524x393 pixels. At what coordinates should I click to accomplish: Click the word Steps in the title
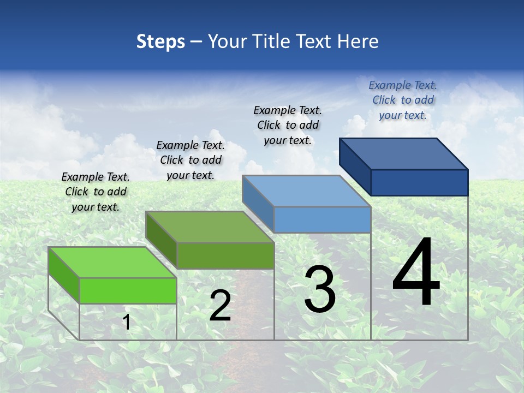tap(160, 41)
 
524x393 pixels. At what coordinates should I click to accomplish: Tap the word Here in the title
tap(358, 41)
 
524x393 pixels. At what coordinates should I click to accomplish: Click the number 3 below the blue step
tap(320, 289)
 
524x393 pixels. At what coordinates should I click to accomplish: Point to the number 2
tap(220, 306)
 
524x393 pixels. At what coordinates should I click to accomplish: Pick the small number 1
tap(127, 322)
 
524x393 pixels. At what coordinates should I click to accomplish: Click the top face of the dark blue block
tap(404, 153)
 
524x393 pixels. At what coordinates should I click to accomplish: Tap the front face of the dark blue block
tap(419, 182)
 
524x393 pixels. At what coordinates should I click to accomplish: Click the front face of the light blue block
tap(322, 219)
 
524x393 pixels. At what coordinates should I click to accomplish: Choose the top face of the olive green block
tap(210, 227)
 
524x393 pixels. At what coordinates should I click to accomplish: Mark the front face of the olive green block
tap(225, 255)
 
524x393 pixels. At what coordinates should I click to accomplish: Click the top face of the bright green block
tap(112, 262)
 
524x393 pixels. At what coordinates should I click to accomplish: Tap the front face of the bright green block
tap(128, 290)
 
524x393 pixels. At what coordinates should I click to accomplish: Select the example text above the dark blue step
tap(403, 100)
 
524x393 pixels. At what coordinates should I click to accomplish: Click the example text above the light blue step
tap(288, 125)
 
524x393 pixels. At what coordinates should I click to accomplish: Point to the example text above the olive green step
tap(190, 160)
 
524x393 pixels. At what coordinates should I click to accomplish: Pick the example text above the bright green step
tap(96, 192)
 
